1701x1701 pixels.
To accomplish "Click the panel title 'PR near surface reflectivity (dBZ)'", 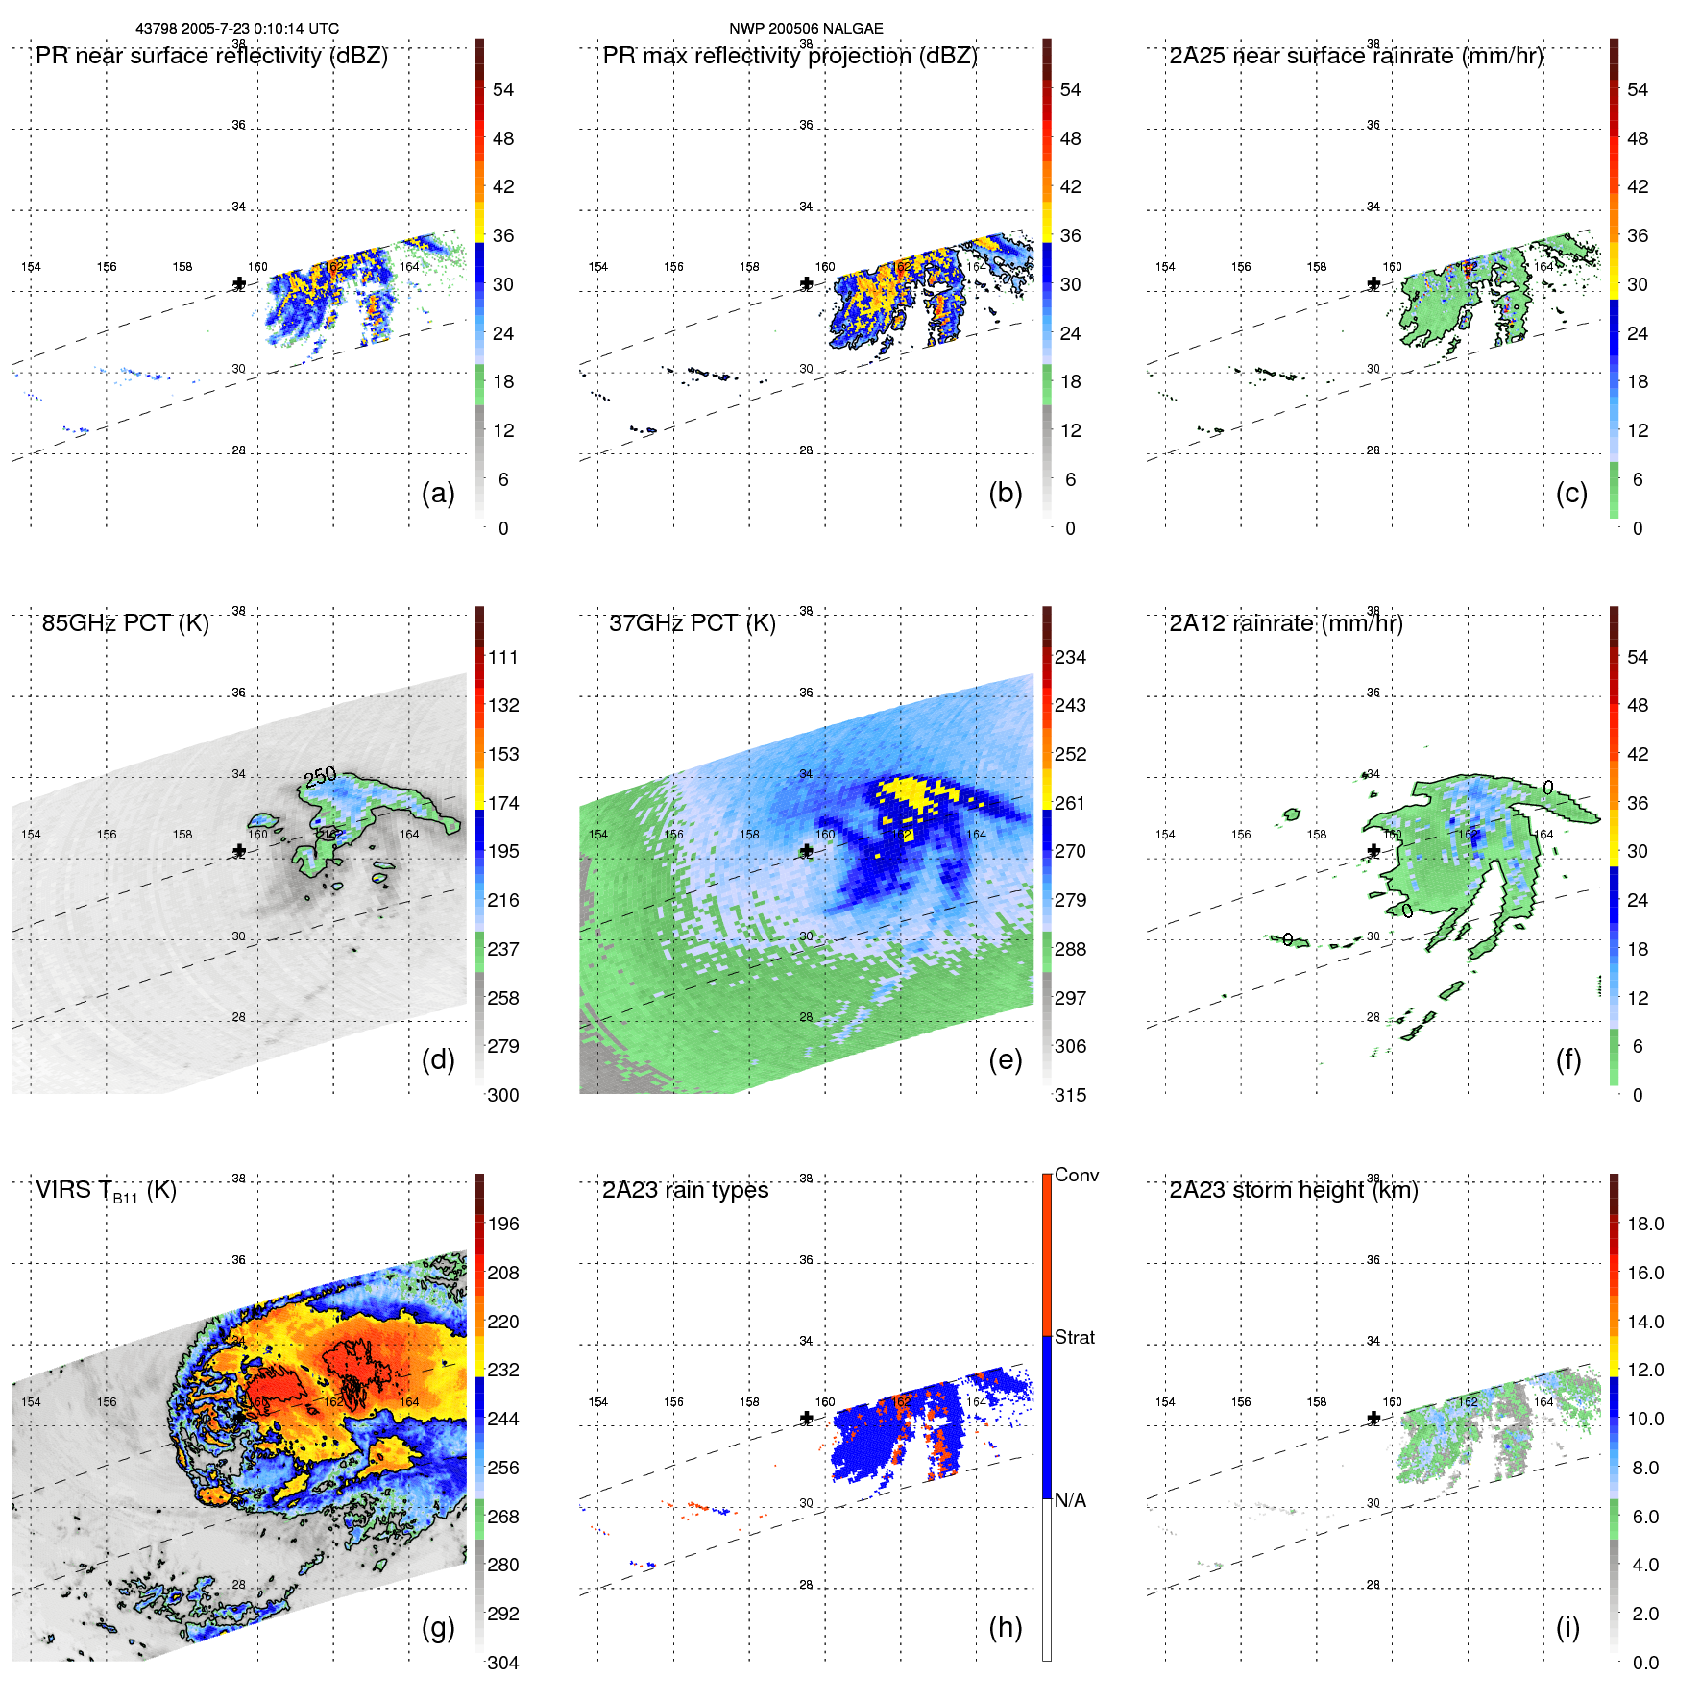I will click(211, 56).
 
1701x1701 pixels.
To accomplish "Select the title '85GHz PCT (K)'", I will click(125, 623).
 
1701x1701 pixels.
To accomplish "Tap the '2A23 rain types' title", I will click(685, 1190).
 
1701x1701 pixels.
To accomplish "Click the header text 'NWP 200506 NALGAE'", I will click(806, 29).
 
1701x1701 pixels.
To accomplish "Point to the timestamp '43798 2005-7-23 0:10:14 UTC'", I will click(237, 29).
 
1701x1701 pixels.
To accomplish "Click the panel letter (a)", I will click(438, 493).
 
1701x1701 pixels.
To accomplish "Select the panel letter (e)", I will click(1005, 1059).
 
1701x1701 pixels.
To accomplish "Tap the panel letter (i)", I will click(1567, 1627).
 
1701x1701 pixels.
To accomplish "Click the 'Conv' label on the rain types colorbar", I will click(1076, 1175).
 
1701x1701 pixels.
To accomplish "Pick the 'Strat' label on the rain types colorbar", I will click(1074, 1337).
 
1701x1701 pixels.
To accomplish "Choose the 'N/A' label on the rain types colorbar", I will click(1070, 1500).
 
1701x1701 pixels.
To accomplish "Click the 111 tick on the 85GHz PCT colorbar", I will click(503, 657).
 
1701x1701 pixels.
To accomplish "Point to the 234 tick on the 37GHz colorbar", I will click(1070, 657).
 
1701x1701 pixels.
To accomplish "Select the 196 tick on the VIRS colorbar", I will click(503, 1224).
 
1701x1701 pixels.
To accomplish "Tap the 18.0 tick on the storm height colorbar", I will click(1645, 1224).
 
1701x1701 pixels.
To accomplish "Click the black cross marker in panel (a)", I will click(239, 283).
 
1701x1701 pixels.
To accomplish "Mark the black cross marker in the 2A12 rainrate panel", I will click(1373, 851).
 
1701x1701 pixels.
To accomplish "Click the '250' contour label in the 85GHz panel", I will click(320, 775).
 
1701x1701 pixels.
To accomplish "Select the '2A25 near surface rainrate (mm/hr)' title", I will click(1355, 56).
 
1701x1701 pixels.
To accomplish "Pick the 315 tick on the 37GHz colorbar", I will click(1070, 1095).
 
